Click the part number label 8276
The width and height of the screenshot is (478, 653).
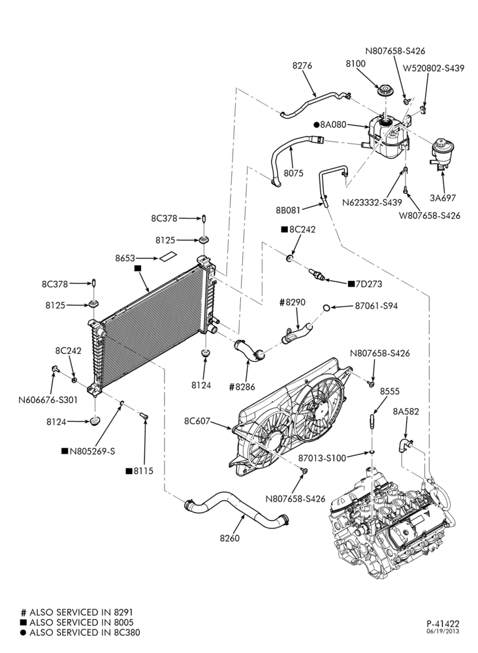point(302,65)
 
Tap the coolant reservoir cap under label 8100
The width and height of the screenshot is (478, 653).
point(385,91)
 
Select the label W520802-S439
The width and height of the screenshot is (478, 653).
point(434,69)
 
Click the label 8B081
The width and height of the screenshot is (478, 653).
point(288,210)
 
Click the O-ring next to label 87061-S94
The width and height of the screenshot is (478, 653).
point(327,308)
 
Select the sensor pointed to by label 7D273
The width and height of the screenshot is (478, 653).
point(317,275)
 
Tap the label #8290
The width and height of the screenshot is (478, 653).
point(293,302)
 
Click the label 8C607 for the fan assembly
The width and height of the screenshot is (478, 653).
point(197,421)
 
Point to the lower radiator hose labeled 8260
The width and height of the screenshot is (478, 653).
point(236,507)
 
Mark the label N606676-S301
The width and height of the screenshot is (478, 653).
point(48,400)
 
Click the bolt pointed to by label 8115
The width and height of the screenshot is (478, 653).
point(144,415)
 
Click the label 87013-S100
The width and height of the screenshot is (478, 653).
point(322,458)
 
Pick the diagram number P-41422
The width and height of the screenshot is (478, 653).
point(443,624)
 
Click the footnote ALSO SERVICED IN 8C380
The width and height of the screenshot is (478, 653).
point(85,633)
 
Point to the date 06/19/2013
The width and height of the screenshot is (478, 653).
point(443,631)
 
